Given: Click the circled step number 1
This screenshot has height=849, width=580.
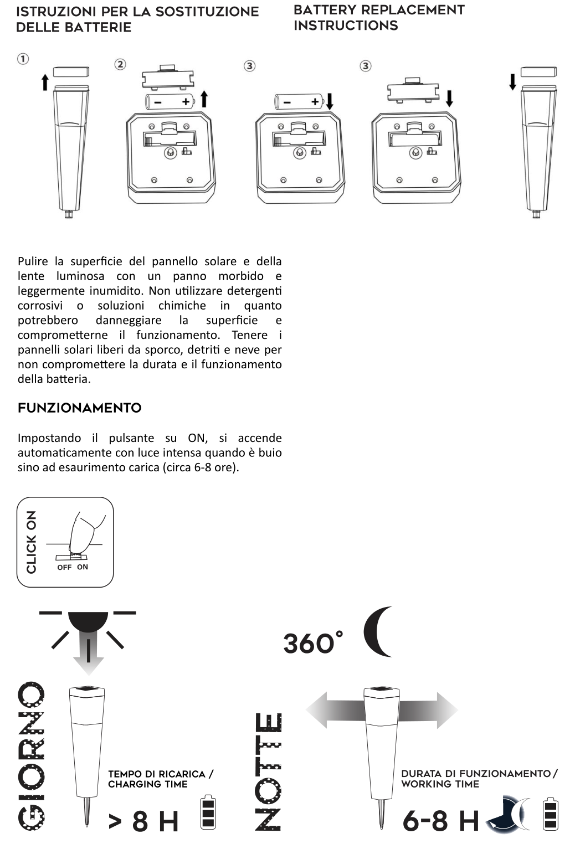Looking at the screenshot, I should pyautogui.click(x=23, y=59).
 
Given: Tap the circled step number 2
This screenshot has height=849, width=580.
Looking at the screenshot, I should pyautogui.click(x=120, y=64).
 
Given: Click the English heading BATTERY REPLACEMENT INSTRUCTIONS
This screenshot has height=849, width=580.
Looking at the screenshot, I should pyautogui.click(x=379, y=18).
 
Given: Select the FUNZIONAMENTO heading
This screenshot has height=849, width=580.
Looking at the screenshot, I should pyautogui.click(x=80, y=408).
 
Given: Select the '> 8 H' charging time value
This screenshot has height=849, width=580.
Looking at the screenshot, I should pyautogui.click(x=143, y=821).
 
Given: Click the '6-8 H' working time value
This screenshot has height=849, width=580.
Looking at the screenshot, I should pyautogui.click(x=440, y=820).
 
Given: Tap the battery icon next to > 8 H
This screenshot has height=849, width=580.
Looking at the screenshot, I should pyautogui.click(x=208, y=813).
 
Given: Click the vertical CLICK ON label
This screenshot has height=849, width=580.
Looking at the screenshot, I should pyautogui.click(x=32, y=542).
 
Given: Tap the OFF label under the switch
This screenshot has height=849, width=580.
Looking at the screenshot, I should pyautogui.click(x=64, y=568).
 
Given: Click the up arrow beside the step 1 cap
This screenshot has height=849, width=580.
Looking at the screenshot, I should pyautogui.click(x=45, y=83).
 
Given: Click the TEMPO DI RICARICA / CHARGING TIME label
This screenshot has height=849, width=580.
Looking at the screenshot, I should pyautogui.click(x=160, y=779).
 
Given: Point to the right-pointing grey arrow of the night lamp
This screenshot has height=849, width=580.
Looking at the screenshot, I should pyautogui.click(x=429, y=709).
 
